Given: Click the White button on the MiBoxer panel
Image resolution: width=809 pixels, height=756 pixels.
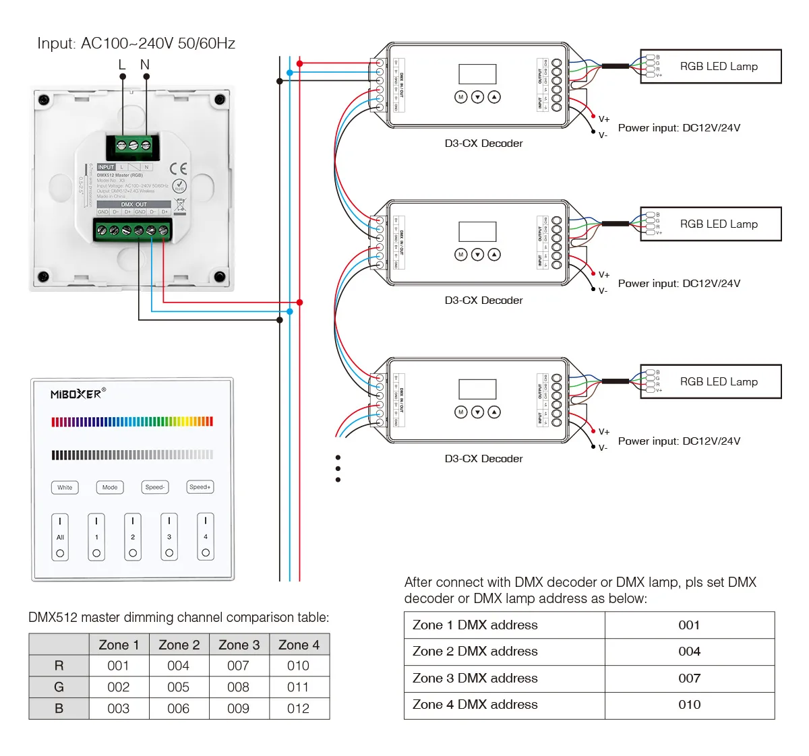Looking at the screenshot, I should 65,487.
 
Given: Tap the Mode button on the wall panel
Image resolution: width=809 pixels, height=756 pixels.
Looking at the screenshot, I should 110,487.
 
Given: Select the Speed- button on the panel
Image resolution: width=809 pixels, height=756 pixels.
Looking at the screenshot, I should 155,487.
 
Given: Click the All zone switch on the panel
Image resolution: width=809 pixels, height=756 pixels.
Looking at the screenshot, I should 60,537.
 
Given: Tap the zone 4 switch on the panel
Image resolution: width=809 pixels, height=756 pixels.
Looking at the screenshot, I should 206,537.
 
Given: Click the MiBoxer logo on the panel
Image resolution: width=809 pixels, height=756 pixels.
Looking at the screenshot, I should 78,394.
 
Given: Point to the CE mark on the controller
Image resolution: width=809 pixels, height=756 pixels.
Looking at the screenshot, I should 179,168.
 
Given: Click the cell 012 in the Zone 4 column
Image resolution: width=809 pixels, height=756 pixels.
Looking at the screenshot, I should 298,708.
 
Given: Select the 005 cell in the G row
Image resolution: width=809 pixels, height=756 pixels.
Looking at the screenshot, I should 179,687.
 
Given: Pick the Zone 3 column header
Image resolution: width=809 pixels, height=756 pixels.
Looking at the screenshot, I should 239,645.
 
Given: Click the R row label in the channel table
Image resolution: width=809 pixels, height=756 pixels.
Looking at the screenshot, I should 59,666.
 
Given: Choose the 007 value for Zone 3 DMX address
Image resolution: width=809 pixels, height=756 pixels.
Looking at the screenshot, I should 689,678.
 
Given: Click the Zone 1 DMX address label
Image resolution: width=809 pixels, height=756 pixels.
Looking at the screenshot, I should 475,625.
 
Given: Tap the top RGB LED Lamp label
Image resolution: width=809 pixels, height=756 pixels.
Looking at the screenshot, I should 719,66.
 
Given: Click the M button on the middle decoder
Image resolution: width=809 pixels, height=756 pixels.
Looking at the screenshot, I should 461,255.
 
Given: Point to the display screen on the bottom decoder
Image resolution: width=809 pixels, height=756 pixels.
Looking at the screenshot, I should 477,389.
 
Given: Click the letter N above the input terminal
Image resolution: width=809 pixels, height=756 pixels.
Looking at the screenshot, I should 145,65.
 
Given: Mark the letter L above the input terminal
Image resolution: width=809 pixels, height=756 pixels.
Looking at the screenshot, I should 122,65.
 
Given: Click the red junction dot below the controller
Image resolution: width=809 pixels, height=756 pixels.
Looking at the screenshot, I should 299,303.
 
